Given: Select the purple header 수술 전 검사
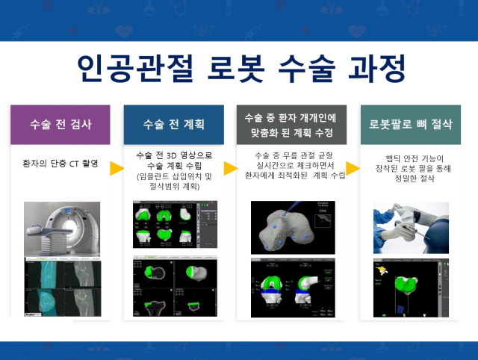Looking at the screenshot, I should click(60, 125).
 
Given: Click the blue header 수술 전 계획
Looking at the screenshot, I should click(173, 125).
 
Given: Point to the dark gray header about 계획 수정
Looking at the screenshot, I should click(291, 125).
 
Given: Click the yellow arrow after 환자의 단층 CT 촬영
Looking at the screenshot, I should click(117, 168).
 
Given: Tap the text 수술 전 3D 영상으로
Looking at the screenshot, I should click(173, 155).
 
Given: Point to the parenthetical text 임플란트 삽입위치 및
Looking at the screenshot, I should click(174, 176).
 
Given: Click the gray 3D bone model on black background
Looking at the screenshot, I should click(291, 225).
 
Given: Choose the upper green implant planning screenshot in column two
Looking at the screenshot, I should click(173, 223).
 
